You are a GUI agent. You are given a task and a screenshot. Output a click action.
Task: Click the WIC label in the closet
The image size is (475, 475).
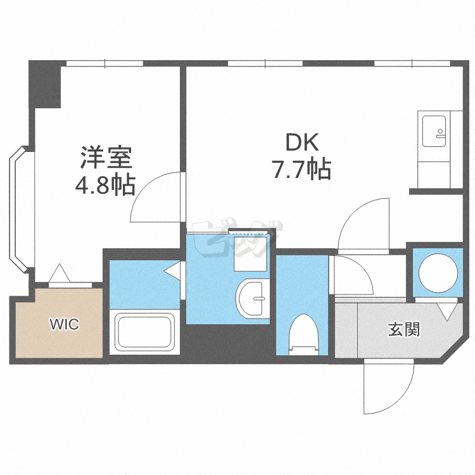click(x=64, y=324)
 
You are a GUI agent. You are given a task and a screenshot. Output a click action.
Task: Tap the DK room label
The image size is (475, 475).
click(x=302, y=142)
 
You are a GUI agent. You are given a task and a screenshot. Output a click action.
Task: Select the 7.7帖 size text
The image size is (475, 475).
click(x=302, y=169)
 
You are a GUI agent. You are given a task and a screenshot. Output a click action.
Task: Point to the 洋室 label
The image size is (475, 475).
click(x=106, y=158)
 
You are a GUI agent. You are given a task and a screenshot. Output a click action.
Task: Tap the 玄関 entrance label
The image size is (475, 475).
click(x=404, y=329)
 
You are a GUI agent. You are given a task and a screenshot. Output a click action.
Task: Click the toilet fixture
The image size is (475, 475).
click(x=303, y=334)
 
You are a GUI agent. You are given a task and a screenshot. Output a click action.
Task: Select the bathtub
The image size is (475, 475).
click(x=144, y=332)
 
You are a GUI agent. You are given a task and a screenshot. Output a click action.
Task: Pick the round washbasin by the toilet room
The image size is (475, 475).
click(x=253, y=298)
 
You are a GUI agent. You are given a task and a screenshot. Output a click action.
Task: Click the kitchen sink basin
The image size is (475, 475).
click(x=434, y=131)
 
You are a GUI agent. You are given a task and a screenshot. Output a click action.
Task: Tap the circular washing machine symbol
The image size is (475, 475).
click(x=438, y=272)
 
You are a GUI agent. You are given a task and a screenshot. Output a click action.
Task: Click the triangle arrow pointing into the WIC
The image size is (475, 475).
click(x=60, y=273)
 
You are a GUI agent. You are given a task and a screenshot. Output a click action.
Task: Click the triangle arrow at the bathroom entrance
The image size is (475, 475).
click(x=173, y=270)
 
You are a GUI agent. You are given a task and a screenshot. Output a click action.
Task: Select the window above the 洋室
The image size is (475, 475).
click(x=104, y=63)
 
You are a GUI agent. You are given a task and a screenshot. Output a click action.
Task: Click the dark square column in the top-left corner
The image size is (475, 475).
click(x=45, y=84)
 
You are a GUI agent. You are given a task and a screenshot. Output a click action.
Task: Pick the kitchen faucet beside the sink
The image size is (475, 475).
click(x=441, y=134)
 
